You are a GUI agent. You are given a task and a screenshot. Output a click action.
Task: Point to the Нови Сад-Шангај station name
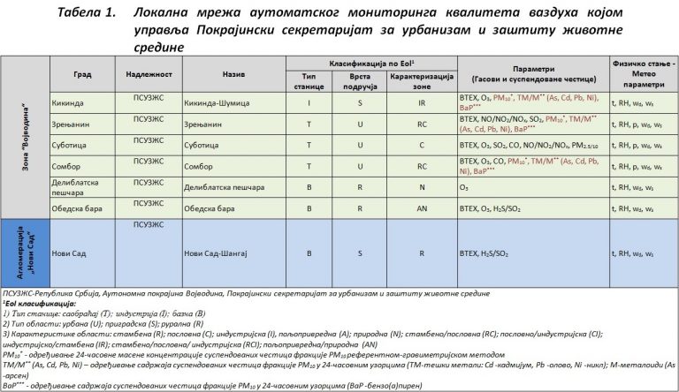coord(217,253)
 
